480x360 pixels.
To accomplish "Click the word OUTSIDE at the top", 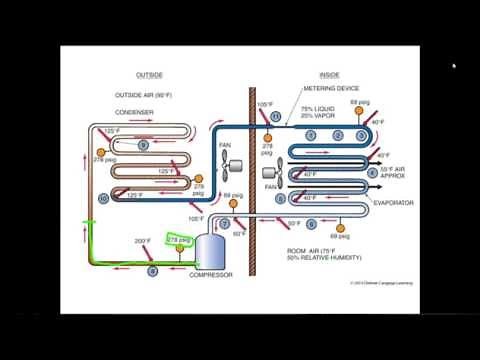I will pyautogui.click(x=149, y=75).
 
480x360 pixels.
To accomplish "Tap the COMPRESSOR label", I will pyautogui.click(x=211, y=274).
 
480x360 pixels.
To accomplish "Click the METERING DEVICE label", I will pyautogui.click(x=323, y=89).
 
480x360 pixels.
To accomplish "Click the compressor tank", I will pyautogui.click(x=211, y=250).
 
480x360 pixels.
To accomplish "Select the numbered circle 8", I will pyautogui.click(x=152, y=270).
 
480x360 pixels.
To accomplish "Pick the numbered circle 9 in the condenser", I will pyautogui.click(x=144, y=145).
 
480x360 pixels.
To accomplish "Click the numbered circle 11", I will pyautogui.click(x=276, y=117).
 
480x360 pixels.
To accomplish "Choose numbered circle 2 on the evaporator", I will pyautogui.click(x=338, y=135).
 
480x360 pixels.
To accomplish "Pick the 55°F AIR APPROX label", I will pyautogui.click(x=401, y=171).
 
